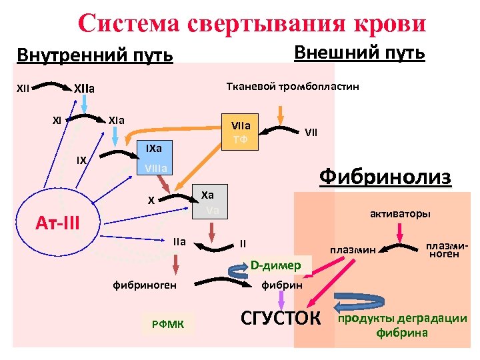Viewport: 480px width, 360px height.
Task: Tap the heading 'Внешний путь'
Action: click(x=359, y=53)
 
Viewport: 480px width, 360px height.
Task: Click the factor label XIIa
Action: click(x=85, y=88)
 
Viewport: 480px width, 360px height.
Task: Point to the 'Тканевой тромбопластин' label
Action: click(x=293, y=87)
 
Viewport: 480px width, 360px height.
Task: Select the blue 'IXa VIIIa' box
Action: click(x=153, y=157)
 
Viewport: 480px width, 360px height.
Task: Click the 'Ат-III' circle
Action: click(x=58, y=220)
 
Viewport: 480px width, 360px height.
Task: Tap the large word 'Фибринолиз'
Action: click(x=385, y=177)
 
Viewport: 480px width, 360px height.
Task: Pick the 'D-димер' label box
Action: click(x=275, y=266)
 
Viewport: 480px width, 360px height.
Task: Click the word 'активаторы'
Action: click(x=399, y=214)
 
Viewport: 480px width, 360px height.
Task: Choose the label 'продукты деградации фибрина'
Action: click(x=403, y=325)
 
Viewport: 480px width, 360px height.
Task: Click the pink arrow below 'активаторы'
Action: click(x=399, y=232)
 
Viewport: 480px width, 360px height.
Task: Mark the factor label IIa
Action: click(x=179, y=241)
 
